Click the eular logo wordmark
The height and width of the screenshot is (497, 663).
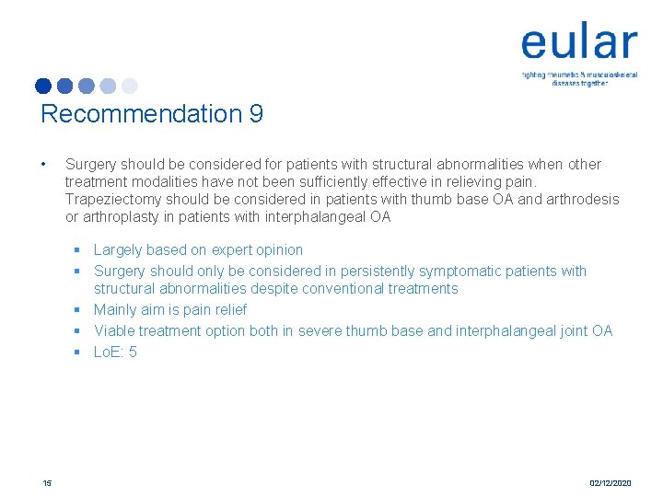pyautogui.click(x=578, y=43)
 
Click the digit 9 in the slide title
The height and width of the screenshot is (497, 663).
pyautogui.click(x=255, y=114)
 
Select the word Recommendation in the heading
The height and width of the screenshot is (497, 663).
pyautogui.click(x=140, y=114)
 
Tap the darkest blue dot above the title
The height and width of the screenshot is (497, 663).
pyautogui.click(x=43, y=86)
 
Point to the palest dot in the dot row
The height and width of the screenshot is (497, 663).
pyautogui.click(x=129, y=86)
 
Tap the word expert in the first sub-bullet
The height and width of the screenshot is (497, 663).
pyautogui.click(x=233, y=249)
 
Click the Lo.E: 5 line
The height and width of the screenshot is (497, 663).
pyautogui.click(x=115, y=352)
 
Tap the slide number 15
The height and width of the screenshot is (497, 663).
pyautogui.click(x=46, y=482)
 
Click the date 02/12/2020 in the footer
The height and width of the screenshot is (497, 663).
pyautogui.click(x=611, y=482)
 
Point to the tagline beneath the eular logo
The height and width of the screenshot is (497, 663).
pyautogui.click(x=579, y=78)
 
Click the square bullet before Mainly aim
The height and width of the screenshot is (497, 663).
pyautogui.click(x=80, y=310)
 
